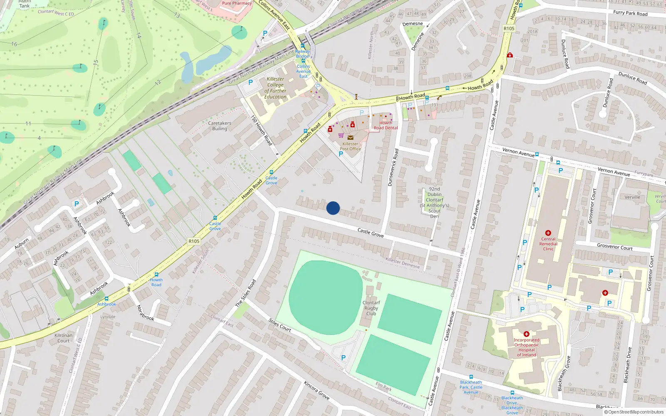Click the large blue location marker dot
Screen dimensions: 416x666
333,208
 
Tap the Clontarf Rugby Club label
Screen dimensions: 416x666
371,308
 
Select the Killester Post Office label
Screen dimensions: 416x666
350,146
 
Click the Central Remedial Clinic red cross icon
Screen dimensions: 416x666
548,233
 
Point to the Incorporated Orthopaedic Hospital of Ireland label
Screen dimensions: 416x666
526,347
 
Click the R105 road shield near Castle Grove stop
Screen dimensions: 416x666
194,241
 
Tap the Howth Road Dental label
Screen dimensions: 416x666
385,125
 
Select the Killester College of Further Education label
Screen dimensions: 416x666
275,88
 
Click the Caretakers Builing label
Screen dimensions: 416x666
219,126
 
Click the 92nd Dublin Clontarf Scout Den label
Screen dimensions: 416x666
434,203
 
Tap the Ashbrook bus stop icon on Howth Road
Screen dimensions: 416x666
107,299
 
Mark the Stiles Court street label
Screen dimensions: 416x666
280,325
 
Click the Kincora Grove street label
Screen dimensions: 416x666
316,390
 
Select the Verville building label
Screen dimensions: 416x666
632,197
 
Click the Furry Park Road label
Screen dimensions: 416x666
630,13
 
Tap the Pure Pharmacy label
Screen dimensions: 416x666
236,3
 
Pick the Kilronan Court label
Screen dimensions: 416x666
63,338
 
